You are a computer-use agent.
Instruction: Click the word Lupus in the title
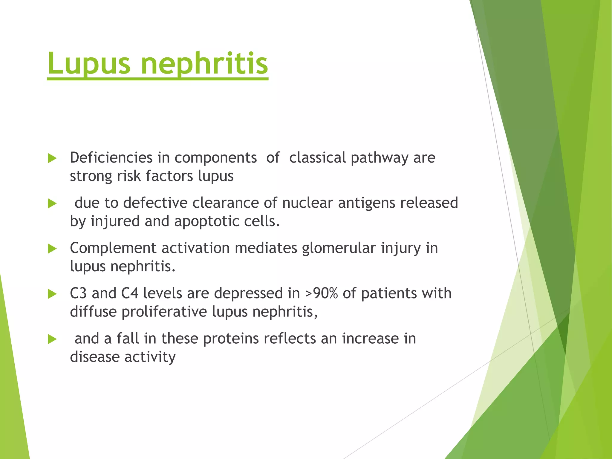pyautogui.click(x=89, y=63)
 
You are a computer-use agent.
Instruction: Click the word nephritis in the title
pyautogui.click(x=204, y=63)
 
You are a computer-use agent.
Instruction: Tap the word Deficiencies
pyautogui.click(x=111, y=157)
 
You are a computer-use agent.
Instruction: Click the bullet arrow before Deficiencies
pyautogui.click(x=52, y=159)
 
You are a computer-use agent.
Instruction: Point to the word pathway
pyautogui.click(x=380, y=158)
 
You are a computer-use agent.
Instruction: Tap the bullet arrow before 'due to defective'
pyautogui.click(x=52, y=204)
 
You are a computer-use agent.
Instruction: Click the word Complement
pyautogui.click(x=113, y=248)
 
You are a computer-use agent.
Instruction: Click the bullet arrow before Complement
pyautogui.click(x=52, y=249)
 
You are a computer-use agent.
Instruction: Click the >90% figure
pyautogui.click(x=322, y=293)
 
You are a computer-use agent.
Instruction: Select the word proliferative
pyautogui.click(x=164, y=312)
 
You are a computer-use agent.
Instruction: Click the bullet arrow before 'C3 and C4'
pyautogui.click(x=52, y=294)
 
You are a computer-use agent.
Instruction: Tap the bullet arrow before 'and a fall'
pyautogui.click(x=52, y=339)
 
